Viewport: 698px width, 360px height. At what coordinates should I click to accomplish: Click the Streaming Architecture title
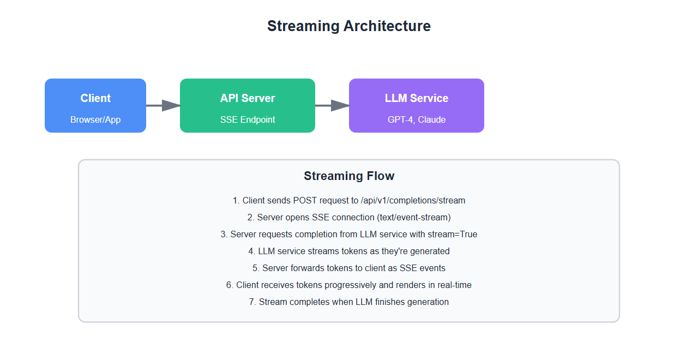coord(348,26)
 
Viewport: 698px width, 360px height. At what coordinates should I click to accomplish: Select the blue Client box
coord(95,105)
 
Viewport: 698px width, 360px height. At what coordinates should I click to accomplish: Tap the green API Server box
coord(248,105)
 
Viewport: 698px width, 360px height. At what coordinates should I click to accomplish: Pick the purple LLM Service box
coord(417,105)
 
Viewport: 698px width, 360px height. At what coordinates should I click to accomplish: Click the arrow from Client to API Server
coord(163,106)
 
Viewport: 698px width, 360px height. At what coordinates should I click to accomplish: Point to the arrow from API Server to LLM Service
coord(332,106)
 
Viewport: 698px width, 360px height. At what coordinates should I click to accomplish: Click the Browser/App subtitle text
coord(95,119)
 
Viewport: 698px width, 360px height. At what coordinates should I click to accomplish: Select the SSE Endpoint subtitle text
coord(248,119)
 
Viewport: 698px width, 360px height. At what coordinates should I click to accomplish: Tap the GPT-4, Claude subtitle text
coord(417,119)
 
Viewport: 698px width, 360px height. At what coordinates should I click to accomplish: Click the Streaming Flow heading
coord(349,176)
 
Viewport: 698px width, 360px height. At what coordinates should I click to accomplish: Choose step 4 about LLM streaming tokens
coord(349,251)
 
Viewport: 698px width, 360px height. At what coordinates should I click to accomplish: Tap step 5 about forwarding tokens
coord(349,268)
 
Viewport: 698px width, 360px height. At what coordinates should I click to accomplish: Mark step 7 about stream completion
coord(349,302)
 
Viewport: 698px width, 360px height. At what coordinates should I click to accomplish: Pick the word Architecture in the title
coord(386,26)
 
